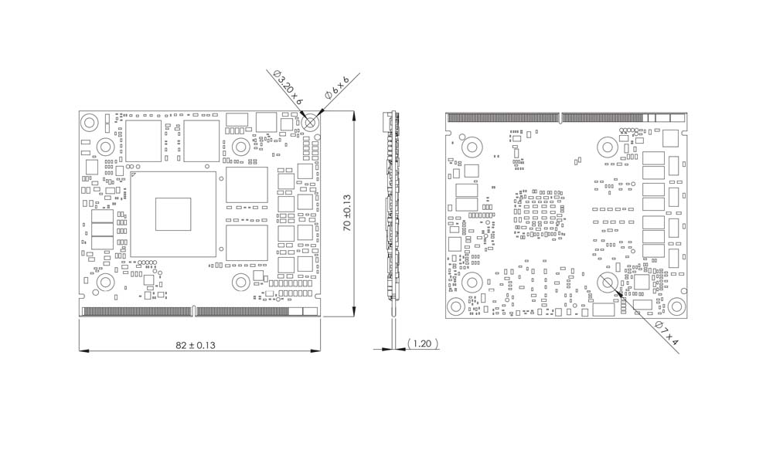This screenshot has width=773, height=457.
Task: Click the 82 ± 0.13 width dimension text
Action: coord(196,345)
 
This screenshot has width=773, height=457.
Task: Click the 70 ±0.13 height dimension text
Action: coord(347,213)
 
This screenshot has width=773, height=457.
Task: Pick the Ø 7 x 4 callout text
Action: coord(667,333)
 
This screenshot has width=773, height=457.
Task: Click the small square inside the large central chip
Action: coord(173,215)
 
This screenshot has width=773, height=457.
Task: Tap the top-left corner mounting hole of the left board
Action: coord(89,122)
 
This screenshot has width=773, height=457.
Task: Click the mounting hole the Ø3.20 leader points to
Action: coord(311,122)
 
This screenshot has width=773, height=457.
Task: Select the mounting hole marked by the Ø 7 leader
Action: coord(608,283)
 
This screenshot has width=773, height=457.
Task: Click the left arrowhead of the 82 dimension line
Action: coord(83,350)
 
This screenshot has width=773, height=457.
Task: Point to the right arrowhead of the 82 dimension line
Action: coord(315,350)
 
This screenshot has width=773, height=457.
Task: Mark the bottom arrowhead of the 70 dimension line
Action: coord(354,311)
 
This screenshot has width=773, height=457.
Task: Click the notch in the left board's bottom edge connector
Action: coord(193,311)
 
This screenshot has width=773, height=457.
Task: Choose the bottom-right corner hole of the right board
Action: coord(676,306)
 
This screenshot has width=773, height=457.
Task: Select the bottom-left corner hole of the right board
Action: coord(456,306)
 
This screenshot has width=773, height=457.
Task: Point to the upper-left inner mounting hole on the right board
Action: coord(472,147)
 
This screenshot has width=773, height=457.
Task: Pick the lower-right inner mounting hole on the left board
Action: coord(241,283)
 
